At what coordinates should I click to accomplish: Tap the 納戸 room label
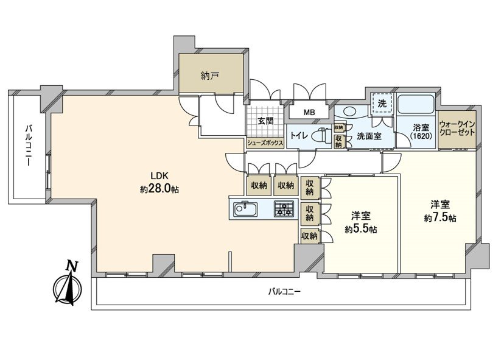(x=210, y=76)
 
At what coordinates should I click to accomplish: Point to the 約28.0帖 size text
(x=159, y=189)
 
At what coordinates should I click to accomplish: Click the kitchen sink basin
(x=245, y=210)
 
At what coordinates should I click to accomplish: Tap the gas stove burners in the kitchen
(x=283, y=210)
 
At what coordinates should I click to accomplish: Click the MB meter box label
(x=309, y=112)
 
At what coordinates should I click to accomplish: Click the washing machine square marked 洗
(x=382, y=104)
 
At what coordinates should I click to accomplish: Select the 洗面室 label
(x=369, y=136)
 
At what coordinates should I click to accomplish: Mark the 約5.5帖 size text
(x=361, y=229)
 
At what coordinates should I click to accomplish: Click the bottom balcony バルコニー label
(x=284, y=291)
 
